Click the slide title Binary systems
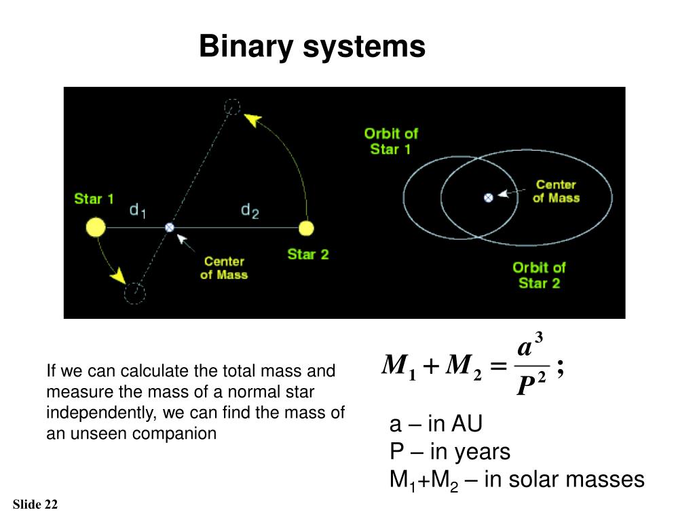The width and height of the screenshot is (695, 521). (312, 47)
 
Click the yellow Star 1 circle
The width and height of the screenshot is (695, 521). (96, 227)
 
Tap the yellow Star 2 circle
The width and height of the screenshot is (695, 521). (306, 227)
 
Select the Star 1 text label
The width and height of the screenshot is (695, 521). (94, 199)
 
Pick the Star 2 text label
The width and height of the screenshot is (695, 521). (307, 254)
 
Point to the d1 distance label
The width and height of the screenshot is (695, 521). (138, 212)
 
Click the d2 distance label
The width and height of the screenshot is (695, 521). (250, 212)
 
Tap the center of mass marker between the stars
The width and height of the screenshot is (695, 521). (170, 227)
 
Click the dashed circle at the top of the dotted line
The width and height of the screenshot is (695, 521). (232, 107)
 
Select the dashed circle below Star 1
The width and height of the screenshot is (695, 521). (134, 292)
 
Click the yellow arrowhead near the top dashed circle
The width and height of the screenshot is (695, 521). (252, 120)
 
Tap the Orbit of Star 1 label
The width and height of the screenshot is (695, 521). (391, 141)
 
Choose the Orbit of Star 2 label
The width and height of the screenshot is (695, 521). (539, 275)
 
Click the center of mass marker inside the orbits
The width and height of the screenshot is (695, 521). (487, 197)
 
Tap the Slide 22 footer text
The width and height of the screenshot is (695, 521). (35, 504)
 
